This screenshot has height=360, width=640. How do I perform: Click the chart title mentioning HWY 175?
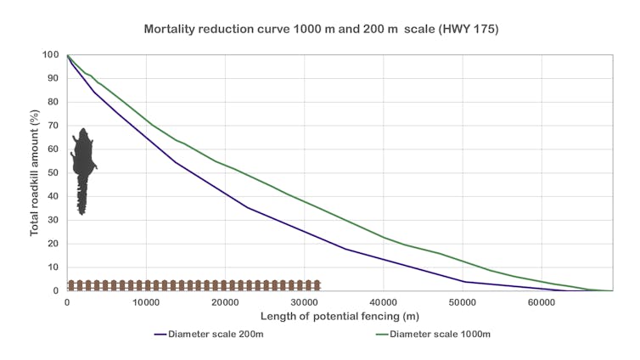tap(321, 28)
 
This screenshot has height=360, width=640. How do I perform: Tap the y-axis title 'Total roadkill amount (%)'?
tap(35, 173)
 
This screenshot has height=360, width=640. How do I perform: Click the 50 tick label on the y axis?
tap(52, 173)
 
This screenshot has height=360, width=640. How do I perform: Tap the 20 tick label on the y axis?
tap(52, 244)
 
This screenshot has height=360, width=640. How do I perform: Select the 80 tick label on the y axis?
tap(52, 103)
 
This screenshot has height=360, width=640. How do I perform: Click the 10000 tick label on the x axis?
tap(146, 303)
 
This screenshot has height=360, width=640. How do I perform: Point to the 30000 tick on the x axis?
tap(304, 303)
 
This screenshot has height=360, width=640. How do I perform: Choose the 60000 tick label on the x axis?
tap(542, 303)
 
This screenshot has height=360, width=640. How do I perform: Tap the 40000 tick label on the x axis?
tap(384, 303)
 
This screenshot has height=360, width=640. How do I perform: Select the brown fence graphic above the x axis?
tap(194, 285)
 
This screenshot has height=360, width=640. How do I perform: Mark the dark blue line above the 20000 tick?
tap(225, 192)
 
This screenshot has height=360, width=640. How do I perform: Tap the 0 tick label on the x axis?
tap(67, 303)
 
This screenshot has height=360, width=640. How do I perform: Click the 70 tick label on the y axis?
tap(52, 126)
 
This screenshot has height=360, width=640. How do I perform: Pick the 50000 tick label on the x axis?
tap(463, 303)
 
